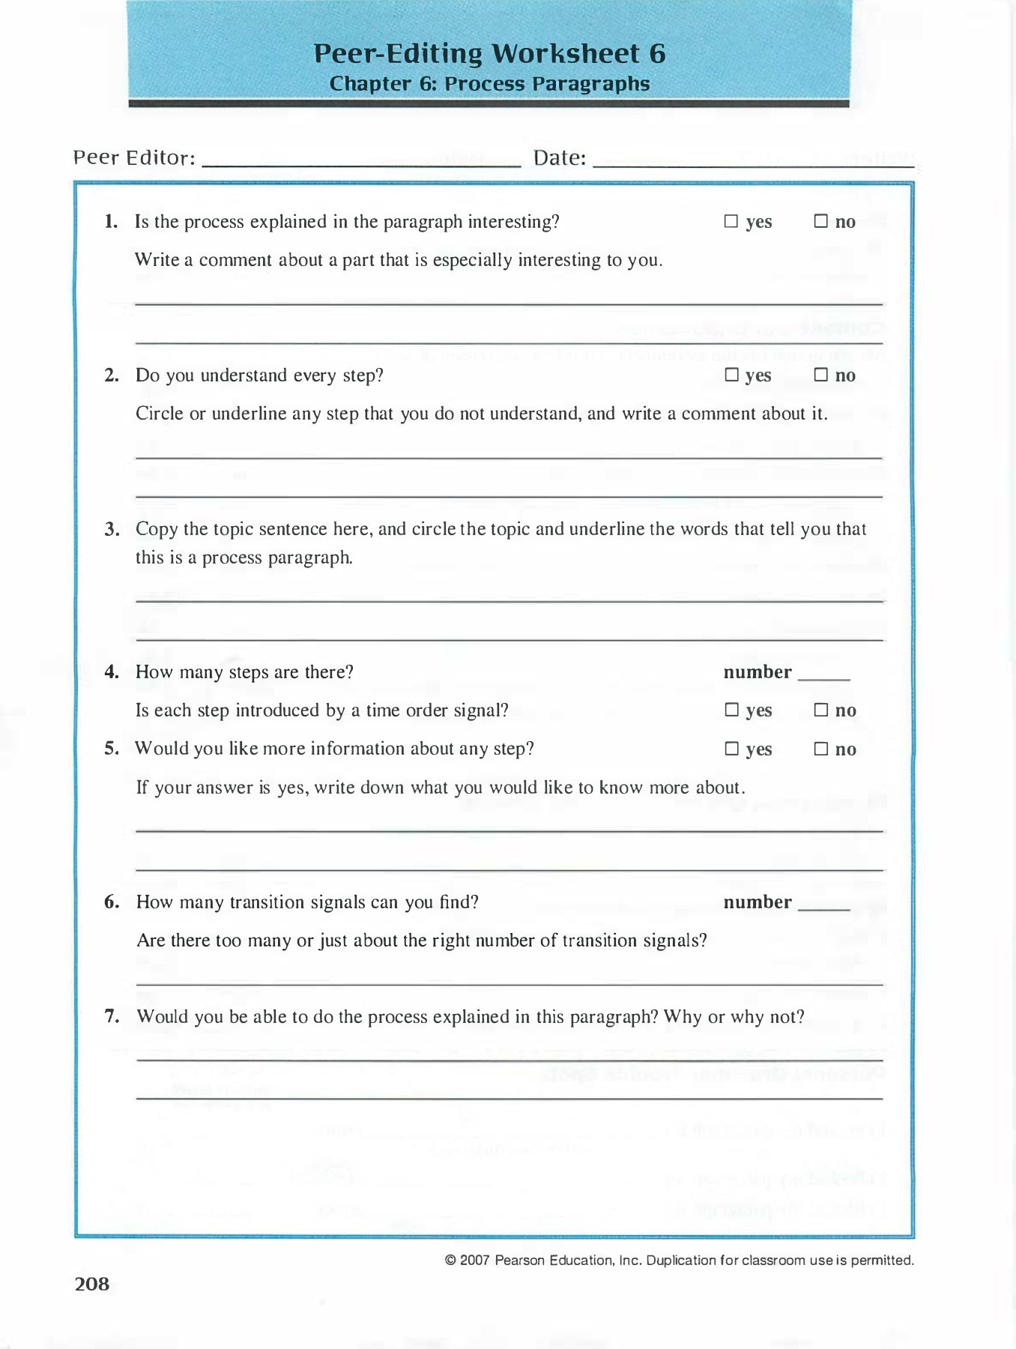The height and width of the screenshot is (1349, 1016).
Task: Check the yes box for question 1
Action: coord(731,221)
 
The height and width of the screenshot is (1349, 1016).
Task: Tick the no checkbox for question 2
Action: coord(821,375)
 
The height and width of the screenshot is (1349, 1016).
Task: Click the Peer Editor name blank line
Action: coord(361,160)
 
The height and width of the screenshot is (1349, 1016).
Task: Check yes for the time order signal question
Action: coord(732,710)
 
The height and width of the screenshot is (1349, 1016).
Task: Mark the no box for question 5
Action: coord(821,749)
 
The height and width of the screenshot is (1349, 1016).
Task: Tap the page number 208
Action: coord(92,1284)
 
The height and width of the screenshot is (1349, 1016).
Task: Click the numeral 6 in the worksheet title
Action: coord(657,54)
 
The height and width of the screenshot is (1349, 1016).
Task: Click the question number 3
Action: coord(112,529)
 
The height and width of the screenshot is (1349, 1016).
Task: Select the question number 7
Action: coord(112,1016)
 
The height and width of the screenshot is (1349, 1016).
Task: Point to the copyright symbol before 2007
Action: coord(450,1261)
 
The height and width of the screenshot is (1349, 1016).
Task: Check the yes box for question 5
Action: coord(732,749)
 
